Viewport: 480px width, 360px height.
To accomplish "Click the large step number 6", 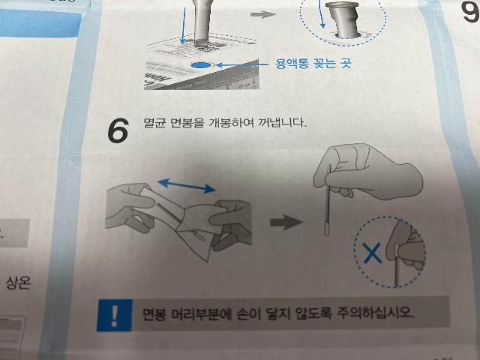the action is [x=118, y=130].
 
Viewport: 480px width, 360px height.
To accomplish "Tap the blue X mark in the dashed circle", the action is [x=372, y=253].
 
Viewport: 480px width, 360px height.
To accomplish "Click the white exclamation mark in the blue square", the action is [x=115, y=315].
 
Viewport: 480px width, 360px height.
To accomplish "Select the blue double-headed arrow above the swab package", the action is [x=187, y=186].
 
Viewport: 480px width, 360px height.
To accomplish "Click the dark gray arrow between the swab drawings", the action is [x=286, y=222].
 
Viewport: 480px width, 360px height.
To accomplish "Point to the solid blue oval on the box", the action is [x=200, y=65].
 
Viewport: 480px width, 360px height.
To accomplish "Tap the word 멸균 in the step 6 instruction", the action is [x=154, y=123].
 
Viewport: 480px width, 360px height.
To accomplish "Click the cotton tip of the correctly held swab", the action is [x=327, y=229].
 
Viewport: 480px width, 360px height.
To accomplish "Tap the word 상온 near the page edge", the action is [x=18, y=283].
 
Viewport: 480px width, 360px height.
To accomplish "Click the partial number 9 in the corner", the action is [x=471, y=12].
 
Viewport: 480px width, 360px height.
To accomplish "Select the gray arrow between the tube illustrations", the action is [x=263, y=14].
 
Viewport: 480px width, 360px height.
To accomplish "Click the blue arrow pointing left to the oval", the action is [x=241, y=64].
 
